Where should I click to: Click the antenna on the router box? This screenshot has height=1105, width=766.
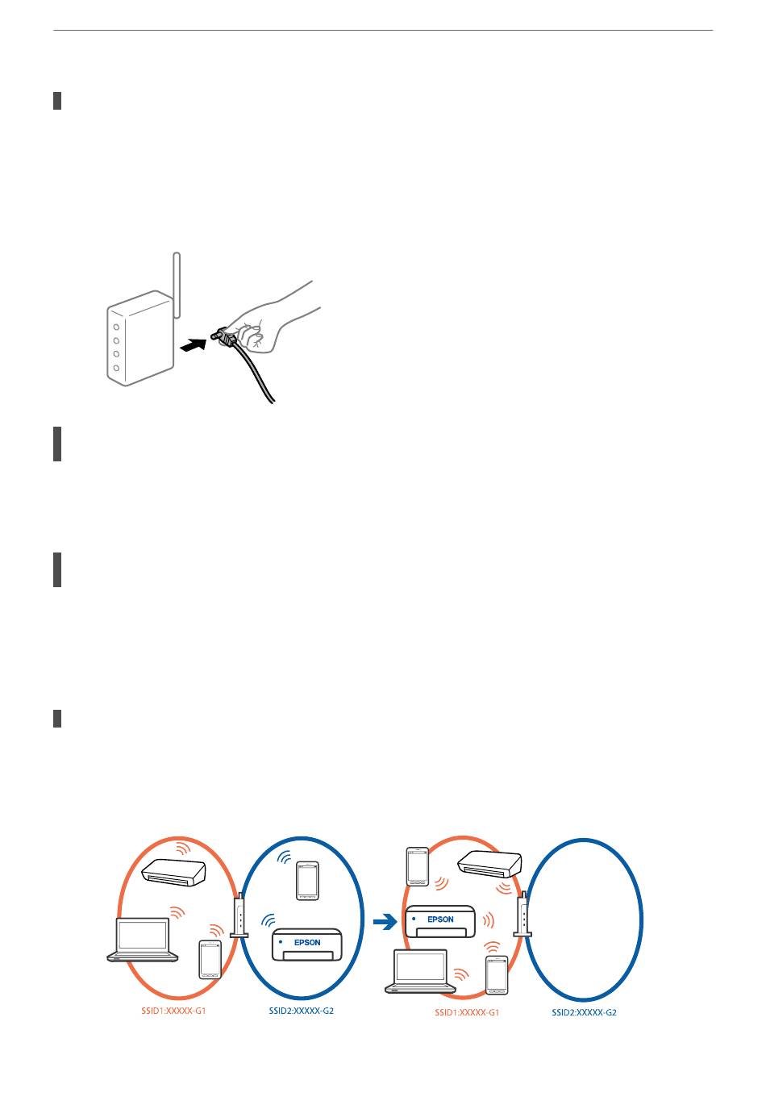pyautogui.click(x=177, y=284)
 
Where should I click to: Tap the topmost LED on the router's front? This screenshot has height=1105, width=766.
pyautogui.click(x=116, y=328)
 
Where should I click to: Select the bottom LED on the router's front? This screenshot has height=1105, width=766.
pyautogui.click(x=116, y=368)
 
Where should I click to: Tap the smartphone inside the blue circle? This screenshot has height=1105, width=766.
pyautogui.click(x=307, y=880)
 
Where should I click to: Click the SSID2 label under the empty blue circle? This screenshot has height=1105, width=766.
pyautogui.click(x=584, y=1012)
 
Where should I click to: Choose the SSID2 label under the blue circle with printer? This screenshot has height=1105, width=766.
pyautogui.click(x=301, y=1011)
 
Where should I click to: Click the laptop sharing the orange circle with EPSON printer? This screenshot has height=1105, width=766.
pyautogui.click(x=420, y=971)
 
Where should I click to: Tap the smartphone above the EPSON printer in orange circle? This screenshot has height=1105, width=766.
pyautogui.click(x=417, y=866)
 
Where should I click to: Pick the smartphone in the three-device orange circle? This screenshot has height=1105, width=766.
pyautogui.click(x=210, y=960)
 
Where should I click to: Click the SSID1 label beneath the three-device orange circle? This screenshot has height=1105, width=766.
pyautogui.click(x=173, y=1011)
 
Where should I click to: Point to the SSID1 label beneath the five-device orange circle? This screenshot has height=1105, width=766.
pyautogui.click(x=467, y=1012)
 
